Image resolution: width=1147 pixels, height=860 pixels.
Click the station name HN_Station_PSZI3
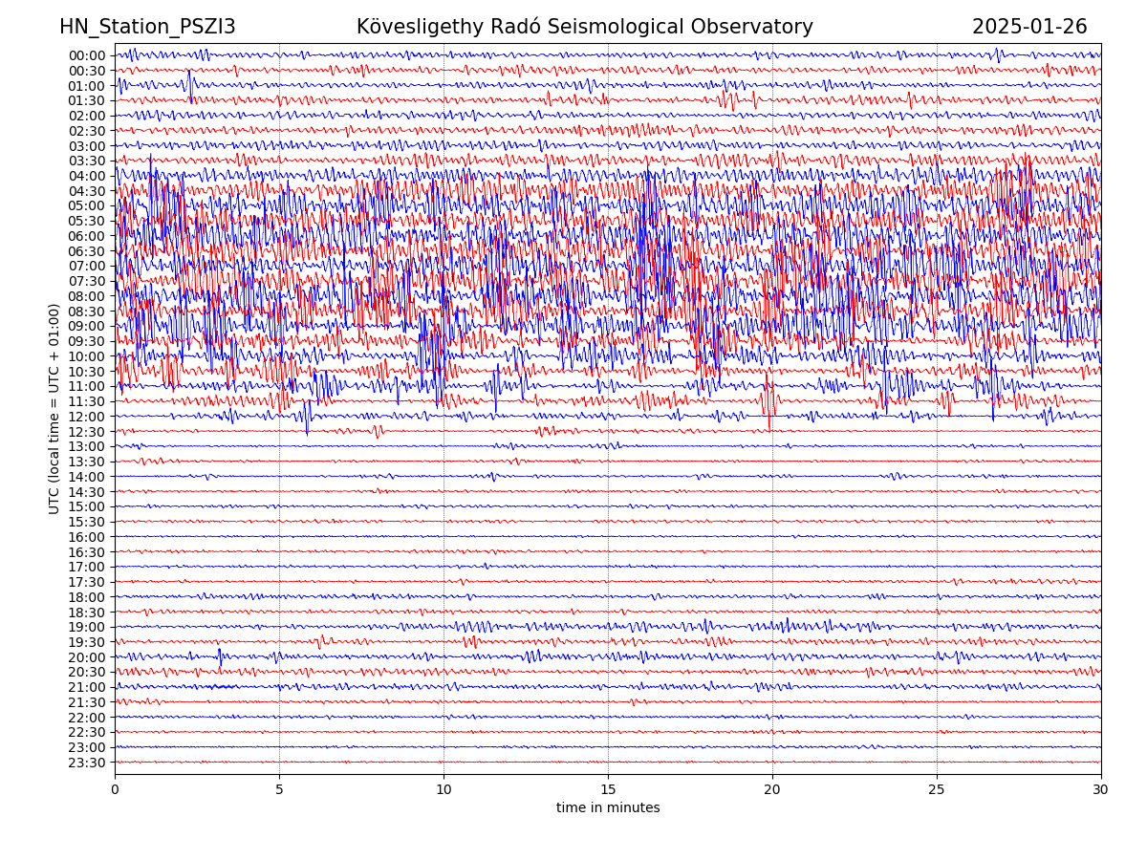tap(147, 27)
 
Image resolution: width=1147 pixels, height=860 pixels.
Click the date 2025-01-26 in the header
tap(1029, 27)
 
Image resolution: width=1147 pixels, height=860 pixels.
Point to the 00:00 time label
tap(87, 55)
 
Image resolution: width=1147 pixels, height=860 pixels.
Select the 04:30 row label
tap(87, 191)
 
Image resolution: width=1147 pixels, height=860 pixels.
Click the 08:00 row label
tap(87, 296)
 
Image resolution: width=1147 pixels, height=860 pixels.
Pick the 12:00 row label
tap(87, 417)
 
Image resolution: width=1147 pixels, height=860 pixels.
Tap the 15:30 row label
tap(87, 522)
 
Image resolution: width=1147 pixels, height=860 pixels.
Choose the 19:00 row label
tap(87, 627)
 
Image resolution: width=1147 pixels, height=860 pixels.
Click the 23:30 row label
tap(87, 763)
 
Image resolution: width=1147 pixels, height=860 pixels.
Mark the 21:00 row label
tap(87, 687)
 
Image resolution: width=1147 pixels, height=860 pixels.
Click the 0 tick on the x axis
tap(115, 790)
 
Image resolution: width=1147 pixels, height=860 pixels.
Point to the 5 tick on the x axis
tap(279, 790)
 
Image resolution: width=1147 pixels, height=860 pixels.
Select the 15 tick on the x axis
tap(608, 790)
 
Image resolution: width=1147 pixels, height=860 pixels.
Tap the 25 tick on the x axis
tap(937, 790)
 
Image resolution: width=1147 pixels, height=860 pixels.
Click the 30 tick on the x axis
tap(1101, 790)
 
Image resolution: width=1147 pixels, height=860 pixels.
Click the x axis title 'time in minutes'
tap(608, 808)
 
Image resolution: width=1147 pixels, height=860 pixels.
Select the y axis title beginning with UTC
tap(54, 409)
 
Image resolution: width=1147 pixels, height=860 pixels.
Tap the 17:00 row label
tap(87, 567)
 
